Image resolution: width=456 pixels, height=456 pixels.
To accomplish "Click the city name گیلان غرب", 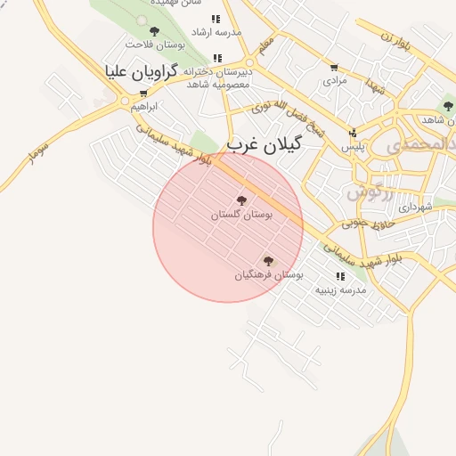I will tap(265, 143).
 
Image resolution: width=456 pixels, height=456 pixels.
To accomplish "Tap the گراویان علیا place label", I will tap(142, 70).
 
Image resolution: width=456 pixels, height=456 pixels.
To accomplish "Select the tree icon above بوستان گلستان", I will tap(241, 200).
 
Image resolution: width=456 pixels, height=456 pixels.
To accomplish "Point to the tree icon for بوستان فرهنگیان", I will tap(268, 261).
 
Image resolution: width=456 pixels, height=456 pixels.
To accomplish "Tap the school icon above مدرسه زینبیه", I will tap(340, 276).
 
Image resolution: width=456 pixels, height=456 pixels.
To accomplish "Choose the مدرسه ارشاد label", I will tap(216, 32).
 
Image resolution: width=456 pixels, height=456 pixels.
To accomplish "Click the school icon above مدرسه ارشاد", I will tap(216, 18).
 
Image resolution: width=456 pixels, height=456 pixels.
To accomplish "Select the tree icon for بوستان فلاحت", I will tap(155, 31).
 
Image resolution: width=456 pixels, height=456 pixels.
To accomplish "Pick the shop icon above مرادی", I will tap(334, 67).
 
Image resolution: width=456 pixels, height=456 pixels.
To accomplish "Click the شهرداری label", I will tap(415, 207).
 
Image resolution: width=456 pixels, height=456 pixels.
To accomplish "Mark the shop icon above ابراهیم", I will tap(144, 93).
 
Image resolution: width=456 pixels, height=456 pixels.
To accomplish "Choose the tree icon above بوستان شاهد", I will tap(447, 106).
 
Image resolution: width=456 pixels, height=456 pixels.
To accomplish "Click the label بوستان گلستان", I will tap(232, 215).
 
